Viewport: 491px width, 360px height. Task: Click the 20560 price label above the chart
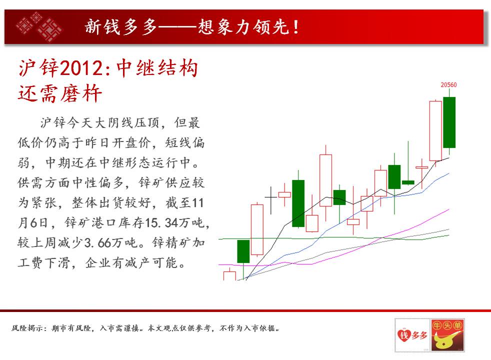tap(448, 85)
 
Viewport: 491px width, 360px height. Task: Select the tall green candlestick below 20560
tap(449, 122)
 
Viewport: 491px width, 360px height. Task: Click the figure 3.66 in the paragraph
tap(95, 242)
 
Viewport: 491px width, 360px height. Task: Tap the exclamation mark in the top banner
tap(296, 27)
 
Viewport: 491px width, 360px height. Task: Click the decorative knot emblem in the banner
tap(39, 26)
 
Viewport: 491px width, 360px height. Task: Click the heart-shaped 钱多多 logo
tap(412, 335)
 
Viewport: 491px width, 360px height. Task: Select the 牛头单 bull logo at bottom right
tap(447, 335)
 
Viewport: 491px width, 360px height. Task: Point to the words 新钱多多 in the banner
tap(120, 26)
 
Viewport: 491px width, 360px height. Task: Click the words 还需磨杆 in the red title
tap(60, 93)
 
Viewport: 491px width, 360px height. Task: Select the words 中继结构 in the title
tap(157, 68)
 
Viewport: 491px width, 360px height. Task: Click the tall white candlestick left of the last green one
tap(435, 130)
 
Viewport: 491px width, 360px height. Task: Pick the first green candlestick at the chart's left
tap(243, 251)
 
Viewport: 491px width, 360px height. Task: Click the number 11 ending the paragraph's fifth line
tap(197, 203)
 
